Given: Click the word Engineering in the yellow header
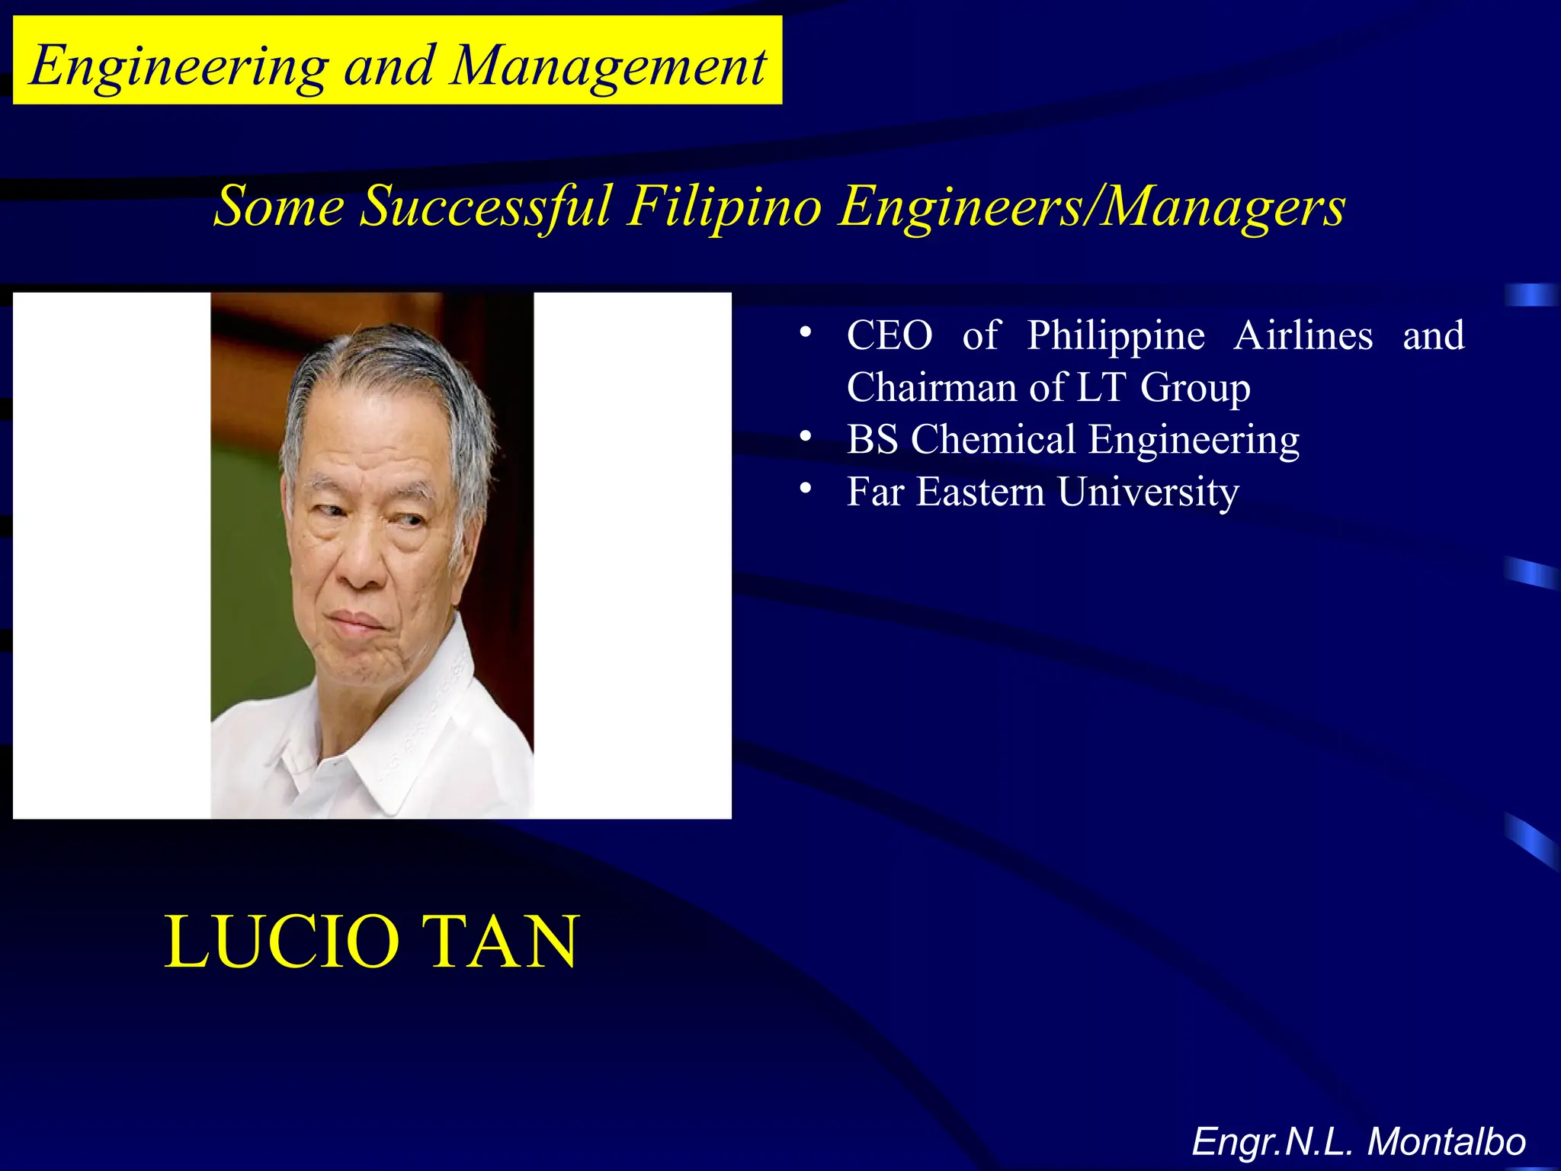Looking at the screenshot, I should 178,67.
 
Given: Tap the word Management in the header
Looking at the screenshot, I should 607,67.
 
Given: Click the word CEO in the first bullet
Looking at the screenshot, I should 889,335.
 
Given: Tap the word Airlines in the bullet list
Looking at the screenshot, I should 1303,335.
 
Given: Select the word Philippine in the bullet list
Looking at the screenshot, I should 1116,335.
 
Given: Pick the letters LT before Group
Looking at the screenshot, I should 1101,387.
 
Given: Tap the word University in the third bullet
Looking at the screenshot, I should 1148,492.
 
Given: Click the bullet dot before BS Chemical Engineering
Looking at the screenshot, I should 805,436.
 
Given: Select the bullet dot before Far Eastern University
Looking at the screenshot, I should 805,488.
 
